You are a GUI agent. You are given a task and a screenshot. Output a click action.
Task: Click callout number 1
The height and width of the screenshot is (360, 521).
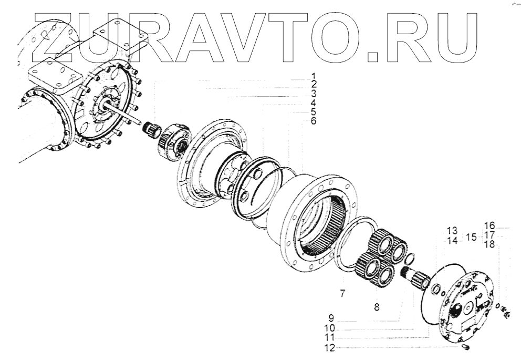point(314,76)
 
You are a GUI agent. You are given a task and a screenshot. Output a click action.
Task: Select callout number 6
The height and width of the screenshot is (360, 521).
point(314,121)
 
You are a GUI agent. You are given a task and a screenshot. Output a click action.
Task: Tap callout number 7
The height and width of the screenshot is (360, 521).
point(342,293)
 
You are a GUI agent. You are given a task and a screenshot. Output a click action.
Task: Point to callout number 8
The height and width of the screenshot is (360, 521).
point(377,307)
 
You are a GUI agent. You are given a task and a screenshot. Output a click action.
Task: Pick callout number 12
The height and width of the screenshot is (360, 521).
point(330,348)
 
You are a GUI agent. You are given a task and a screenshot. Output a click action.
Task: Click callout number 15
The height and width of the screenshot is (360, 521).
point(471,237)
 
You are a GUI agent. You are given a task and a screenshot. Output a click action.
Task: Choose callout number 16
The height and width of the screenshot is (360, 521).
point(489,225)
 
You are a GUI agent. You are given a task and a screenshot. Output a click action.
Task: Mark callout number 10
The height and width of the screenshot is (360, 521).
point(330,328)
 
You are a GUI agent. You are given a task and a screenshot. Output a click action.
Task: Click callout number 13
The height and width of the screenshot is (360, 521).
point(452,230)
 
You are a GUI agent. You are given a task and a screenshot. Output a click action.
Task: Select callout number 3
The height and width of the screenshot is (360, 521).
point(314,94)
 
